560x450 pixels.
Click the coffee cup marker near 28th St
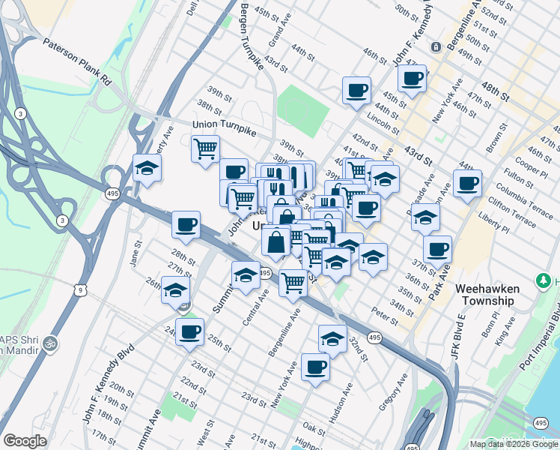click(186, 223)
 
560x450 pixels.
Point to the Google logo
click(25, 441)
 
